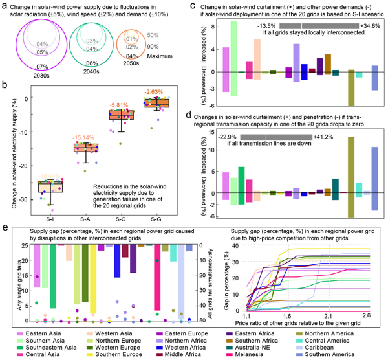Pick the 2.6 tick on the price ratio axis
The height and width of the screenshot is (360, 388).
point(365,315)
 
